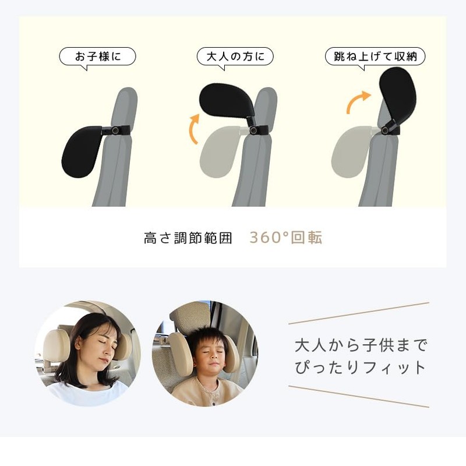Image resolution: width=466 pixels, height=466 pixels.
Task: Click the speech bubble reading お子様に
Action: [97, 57]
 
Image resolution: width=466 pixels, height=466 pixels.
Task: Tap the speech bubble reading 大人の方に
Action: [235, 57]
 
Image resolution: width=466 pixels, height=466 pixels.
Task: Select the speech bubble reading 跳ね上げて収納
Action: [375, 57]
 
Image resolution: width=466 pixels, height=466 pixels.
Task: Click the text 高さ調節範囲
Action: [188, 238]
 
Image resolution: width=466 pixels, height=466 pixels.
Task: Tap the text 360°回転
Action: [285, 238]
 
